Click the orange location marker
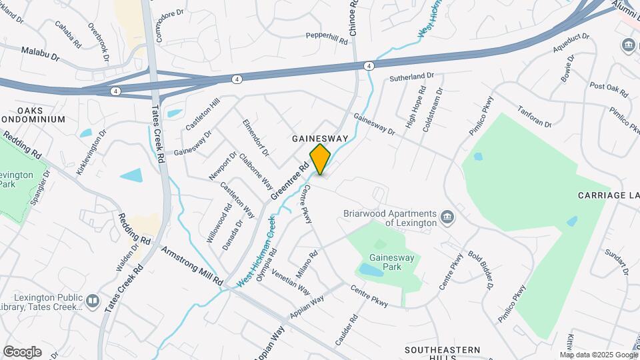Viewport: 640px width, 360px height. click(x=320, y=159)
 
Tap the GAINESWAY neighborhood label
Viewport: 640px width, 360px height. click(x=320, y=138)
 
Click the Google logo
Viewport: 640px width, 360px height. click(x=22, y=351)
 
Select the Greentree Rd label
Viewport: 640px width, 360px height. click(x=289, y=183)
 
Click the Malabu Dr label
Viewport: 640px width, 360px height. click(x=40, y=51)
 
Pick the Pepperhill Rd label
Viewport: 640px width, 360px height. click(x=327, y=37)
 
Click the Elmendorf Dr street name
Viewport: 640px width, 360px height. click(x=255, y=138)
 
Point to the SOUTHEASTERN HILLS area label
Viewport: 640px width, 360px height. click(x=442, y=354)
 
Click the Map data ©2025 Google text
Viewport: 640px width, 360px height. click(x=598, y=355)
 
